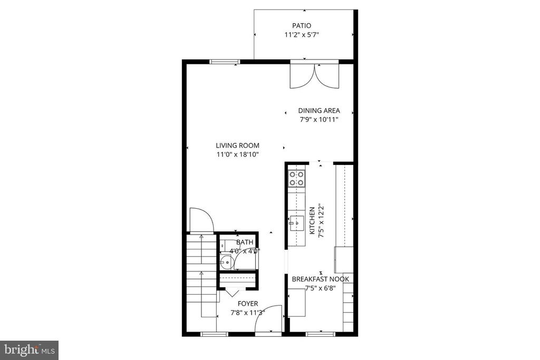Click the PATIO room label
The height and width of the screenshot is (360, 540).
[x=302, y=25]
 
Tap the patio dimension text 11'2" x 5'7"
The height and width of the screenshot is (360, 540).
[x=302, y=35]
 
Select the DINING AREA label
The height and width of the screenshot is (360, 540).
[x=319, y=111]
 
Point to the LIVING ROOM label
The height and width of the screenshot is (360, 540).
[x=237, y=145]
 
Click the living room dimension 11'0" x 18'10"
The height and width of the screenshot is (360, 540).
[x=237, y=154]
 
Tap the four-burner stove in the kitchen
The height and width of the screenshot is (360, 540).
[x=297, y=178]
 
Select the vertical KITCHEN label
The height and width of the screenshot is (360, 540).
[x=312, y=220]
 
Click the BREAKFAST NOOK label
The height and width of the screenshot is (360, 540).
[x=321, y=279]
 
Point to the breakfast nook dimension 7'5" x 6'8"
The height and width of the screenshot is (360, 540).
[x=320, y=288]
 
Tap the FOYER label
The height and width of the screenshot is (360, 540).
[x=248, y=304]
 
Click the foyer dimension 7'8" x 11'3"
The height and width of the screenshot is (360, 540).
[x=248, y=313]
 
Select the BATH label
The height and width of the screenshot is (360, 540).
[x=245, y=242]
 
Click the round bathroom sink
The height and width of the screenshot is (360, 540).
[x=225, y=261]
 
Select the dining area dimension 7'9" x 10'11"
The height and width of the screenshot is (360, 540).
[x=319, y=120]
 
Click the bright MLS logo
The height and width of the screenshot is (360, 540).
[x=29, y=350]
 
